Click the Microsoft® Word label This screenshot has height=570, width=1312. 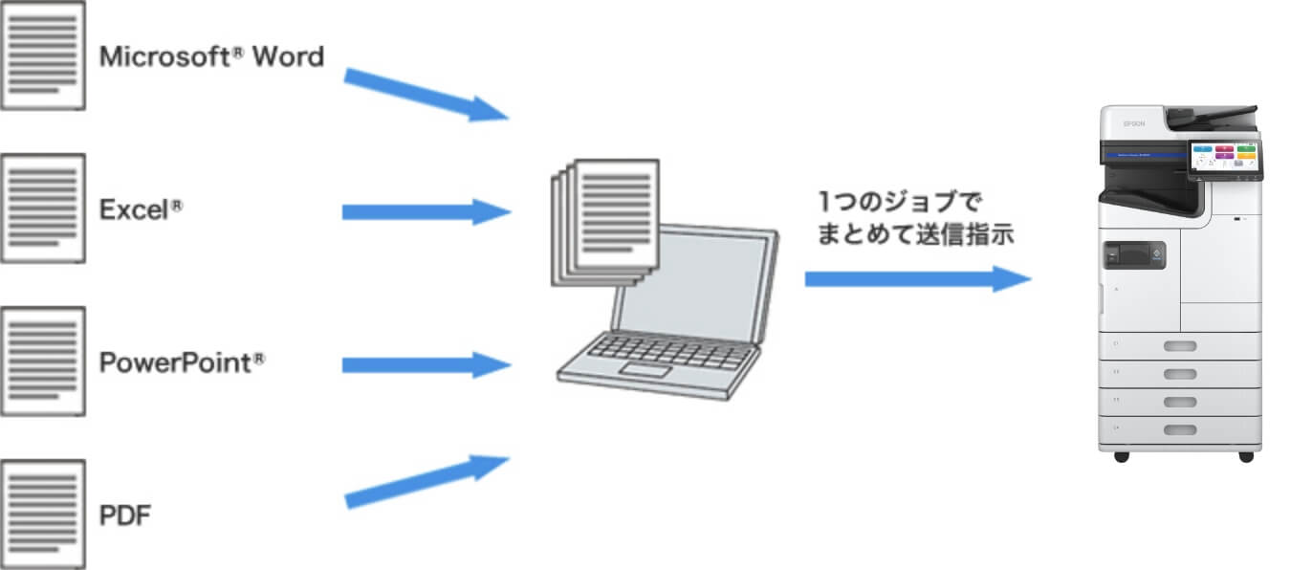211,57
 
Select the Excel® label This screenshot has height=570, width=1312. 141,210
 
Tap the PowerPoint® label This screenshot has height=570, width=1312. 182,363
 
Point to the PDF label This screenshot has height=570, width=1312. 125,516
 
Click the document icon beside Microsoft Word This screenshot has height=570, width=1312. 43,55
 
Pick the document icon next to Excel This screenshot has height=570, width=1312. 43,208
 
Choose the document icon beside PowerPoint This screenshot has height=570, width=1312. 43,362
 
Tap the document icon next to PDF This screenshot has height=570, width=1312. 43,515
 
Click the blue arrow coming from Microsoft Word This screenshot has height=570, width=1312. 426,94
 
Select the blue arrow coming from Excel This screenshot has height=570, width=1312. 426,211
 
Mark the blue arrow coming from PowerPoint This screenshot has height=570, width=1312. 426,364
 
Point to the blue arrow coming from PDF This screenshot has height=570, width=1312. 426,480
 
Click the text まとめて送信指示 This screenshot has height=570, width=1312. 914,235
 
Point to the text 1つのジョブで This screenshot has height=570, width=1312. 900,202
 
